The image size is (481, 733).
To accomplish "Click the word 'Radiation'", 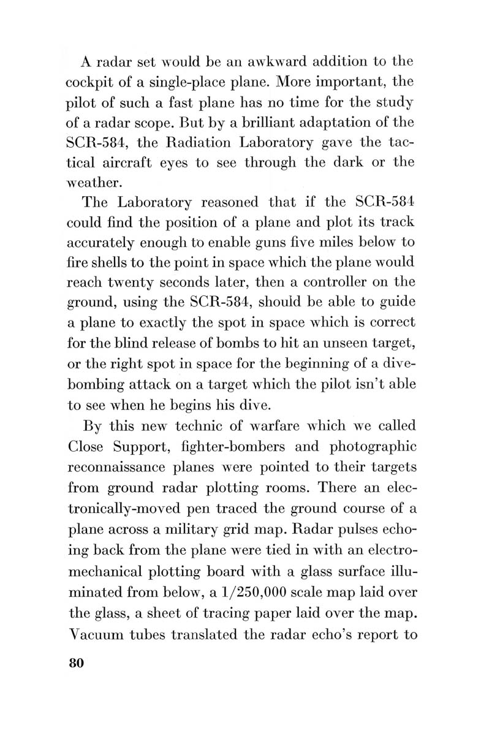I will pyautogui.click(x=204, y=147).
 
